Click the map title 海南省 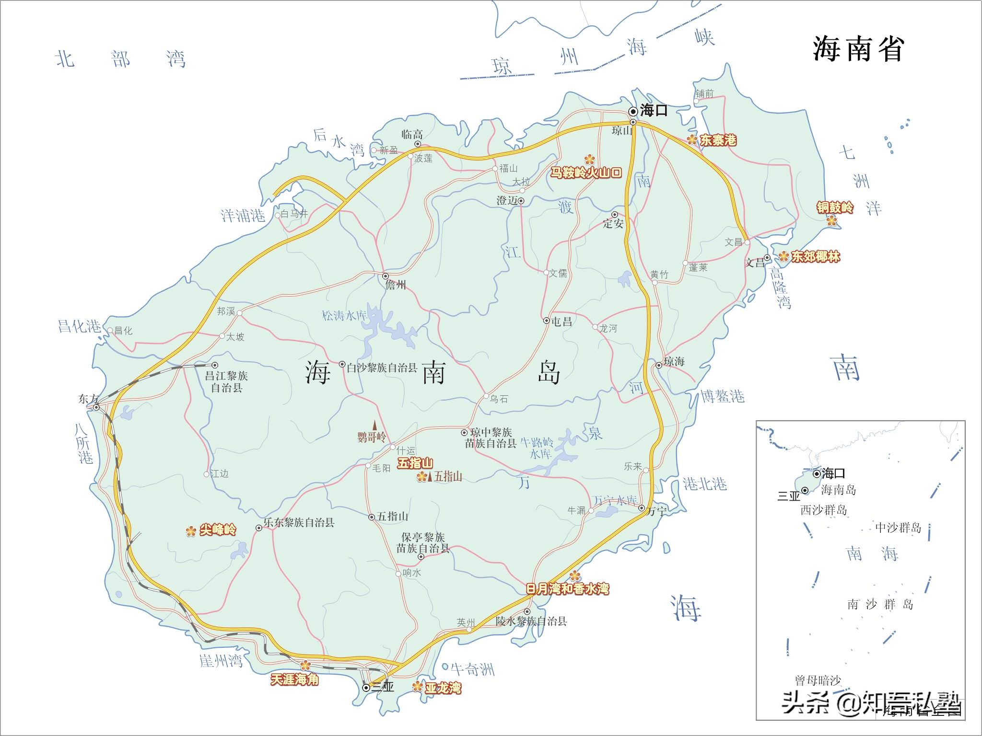(x=858, y=49)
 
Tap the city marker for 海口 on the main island (x=633, y=112)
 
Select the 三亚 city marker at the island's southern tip (x=366, y=688)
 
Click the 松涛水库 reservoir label (x=344, y=316)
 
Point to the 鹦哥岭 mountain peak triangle (x=375, y=425)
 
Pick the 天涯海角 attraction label (x=294, y=679)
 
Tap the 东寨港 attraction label (x=718, y=140)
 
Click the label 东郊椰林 (x=816, y=257)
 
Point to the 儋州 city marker (x=386, y=276)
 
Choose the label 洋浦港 (x=243, y=216)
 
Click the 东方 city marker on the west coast (x=96, y=407)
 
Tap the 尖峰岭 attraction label (x=218, y=530)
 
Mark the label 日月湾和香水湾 (x=567, y=588)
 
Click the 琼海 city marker (x=659, y=365)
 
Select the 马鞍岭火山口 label (x=585, y=173)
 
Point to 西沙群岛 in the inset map (x=823, y=510)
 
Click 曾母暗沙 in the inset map (x=818, y=680)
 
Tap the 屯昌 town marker (x=547, y=321)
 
